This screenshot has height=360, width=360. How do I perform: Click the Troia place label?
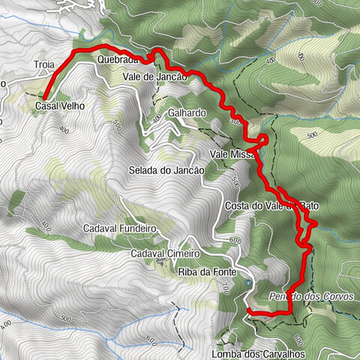44,66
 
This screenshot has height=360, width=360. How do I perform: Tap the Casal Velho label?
58,106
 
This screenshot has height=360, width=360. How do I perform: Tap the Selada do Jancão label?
166,171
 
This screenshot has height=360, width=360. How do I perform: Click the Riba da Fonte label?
208,271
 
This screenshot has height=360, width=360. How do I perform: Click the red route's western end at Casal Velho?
44,98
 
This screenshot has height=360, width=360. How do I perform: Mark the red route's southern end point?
248,310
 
